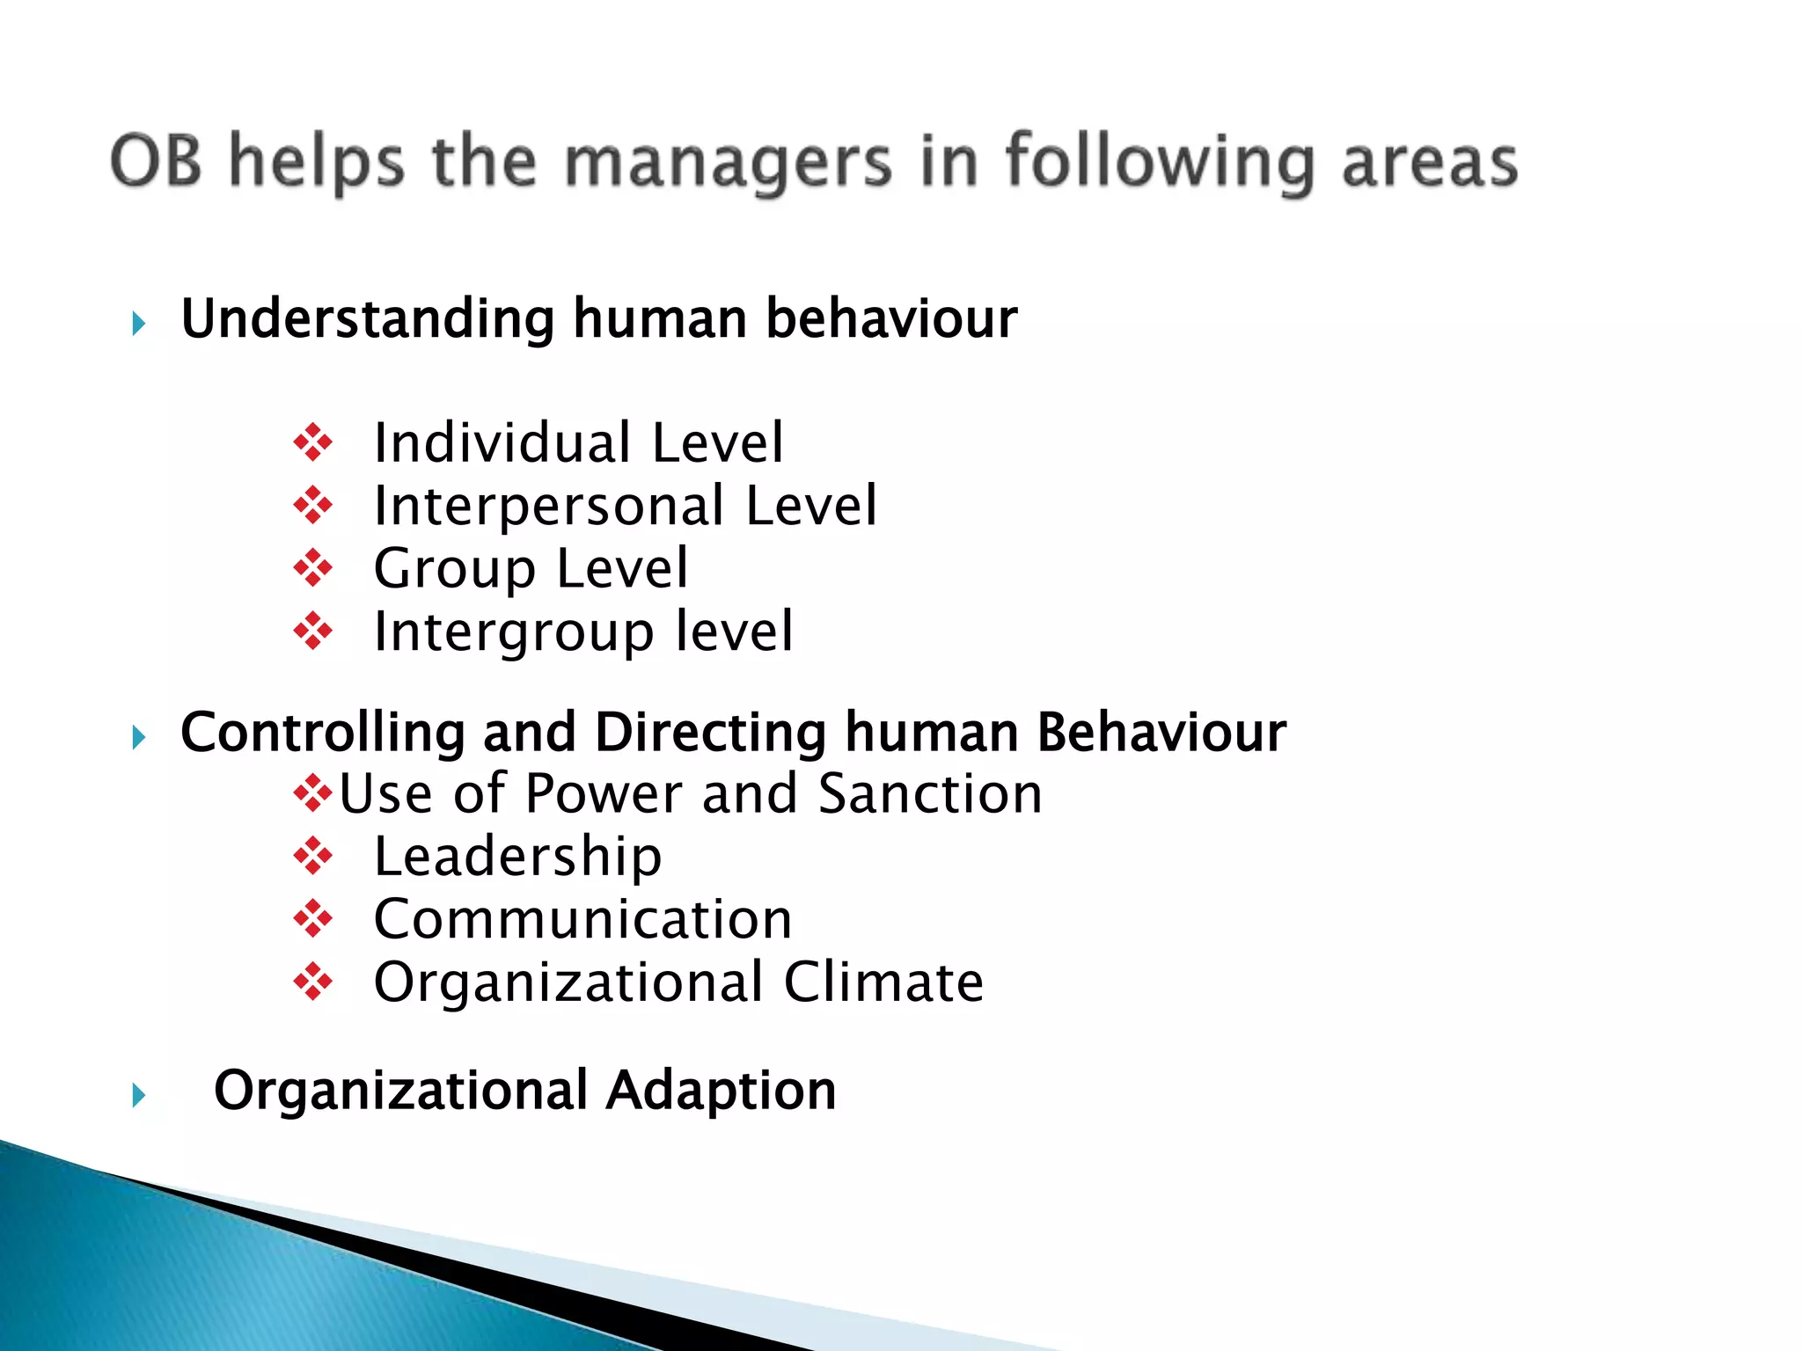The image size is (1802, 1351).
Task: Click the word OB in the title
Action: click(156, 161)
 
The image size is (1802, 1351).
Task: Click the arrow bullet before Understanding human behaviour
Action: click(138, 324)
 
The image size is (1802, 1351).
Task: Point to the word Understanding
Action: click(367, 318)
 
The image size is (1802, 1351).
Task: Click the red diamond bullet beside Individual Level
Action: click(313, 442)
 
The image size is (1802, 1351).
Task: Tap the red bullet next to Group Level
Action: click(313, 568)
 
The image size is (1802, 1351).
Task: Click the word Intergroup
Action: click(514, 632)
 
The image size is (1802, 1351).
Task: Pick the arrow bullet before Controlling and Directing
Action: click(138, 737)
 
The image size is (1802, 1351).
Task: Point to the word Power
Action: click(604, 793)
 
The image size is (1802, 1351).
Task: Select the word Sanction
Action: click(930, 793)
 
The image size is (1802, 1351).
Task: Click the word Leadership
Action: click(517, 858)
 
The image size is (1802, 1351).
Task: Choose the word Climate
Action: click(883, 982)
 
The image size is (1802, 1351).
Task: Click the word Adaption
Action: click(722, 1092)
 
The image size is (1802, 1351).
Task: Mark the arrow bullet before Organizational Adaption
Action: click(138, 1096)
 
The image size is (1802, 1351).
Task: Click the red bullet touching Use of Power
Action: click(313, 794)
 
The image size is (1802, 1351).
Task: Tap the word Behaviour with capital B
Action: click(1161, 733)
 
